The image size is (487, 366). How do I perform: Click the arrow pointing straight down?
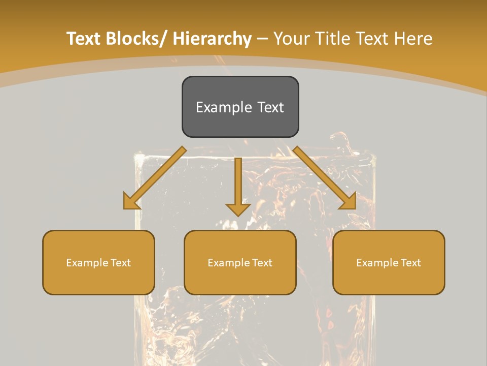(238, 186)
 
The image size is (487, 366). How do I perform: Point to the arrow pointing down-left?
(155, 178)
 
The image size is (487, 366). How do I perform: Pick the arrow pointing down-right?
(325, 178)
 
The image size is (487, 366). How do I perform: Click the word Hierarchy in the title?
(212, 39)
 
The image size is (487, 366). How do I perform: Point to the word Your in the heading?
(292, 39)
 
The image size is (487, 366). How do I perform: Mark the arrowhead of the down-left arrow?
(131, 202)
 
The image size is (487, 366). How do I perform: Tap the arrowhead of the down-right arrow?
(349, 202)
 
